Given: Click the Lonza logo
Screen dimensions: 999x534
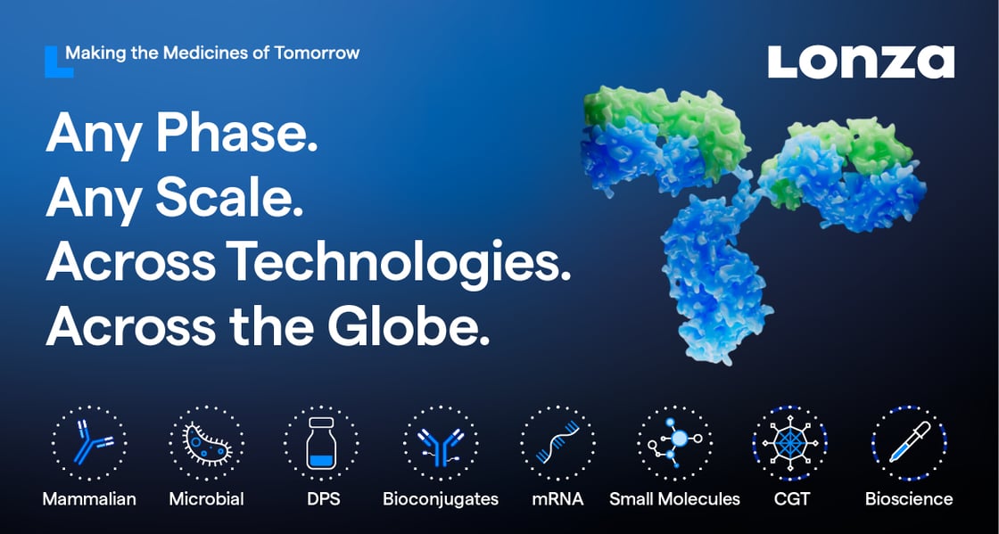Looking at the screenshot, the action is point(861,62).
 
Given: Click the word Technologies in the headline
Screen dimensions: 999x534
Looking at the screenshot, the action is point(398,262).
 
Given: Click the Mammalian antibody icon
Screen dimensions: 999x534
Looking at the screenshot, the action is point(89,442).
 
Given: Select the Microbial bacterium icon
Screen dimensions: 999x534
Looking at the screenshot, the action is point(206,442).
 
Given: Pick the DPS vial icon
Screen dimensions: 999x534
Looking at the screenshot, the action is point(321,442).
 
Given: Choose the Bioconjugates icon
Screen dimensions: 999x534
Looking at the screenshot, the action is point(441,442).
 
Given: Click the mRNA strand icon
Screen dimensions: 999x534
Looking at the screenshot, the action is point(557,442).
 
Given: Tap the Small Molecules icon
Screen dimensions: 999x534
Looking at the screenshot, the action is point(674,442).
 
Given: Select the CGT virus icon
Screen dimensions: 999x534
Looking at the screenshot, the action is point(790,442).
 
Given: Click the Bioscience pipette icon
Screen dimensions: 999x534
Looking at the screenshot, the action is point(909,442).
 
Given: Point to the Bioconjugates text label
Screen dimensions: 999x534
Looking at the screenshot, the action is point(441,499).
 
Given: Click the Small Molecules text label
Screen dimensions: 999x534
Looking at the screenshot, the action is point(674,499).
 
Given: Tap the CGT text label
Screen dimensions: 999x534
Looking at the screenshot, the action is point(792,499).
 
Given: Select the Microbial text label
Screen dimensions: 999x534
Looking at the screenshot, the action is point(206,499).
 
